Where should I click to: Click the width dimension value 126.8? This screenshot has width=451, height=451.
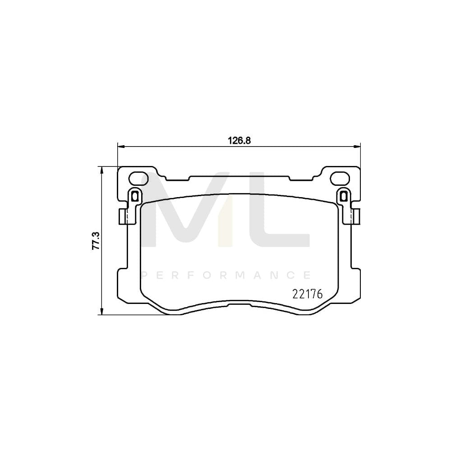[x=239, y=140]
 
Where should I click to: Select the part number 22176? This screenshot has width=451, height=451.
[x=308, y=294]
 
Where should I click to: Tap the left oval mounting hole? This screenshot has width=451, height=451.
[x=137, y=179]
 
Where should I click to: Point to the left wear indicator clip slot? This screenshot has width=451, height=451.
[x=134, y=196]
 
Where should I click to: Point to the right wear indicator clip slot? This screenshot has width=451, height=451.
[x=344, y=196]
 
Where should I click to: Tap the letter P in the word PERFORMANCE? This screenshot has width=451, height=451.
[x=145, y=275]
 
